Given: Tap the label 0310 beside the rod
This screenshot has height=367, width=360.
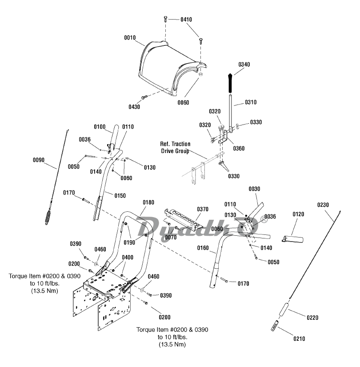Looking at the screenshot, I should pyautogui.click(x=250, y=102).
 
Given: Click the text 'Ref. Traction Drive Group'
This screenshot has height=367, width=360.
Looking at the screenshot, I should pyautogui.click(x=175, y=148).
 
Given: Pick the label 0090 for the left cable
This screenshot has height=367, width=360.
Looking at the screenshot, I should pyautogui.click(x=39, y=160).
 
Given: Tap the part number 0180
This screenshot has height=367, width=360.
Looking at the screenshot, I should pyautogui.click(x=149, y=202).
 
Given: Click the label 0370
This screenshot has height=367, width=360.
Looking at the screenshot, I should pyautogui.click(x=202, y=209).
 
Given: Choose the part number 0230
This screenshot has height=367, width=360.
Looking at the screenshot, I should pyautogui.click(x=324, y=205).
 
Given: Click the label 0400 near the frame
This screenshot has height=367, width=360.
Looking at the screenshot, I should pyautogui.click(x=128, y=258).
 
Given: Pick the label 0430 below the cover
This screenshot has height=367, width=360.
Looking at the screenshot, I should pyautogui.click(x=134, y=106).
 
